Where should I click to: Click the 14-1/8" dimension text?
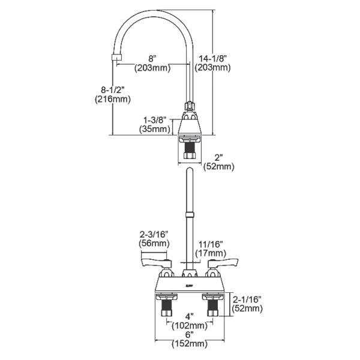point(214,58)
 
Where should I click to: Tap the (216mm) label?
point(113,100)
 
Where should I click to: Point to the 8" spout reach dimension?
point(153,58)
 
